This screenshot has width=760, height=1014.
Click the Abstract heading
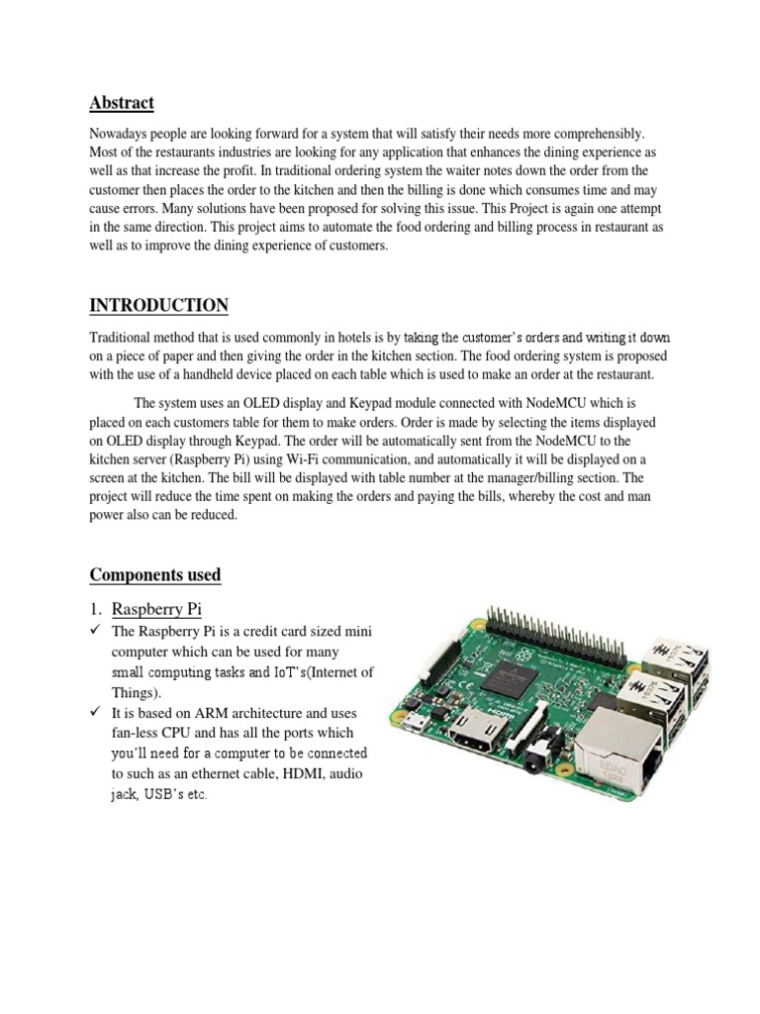coord(122,102)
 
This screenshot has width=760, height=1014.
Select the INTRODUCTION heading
coord(158,305)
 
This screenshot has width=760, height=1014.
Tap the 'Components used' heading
coord(155,575)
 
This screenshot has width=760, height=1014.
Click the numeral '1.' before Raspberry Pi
coord(97,609)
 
